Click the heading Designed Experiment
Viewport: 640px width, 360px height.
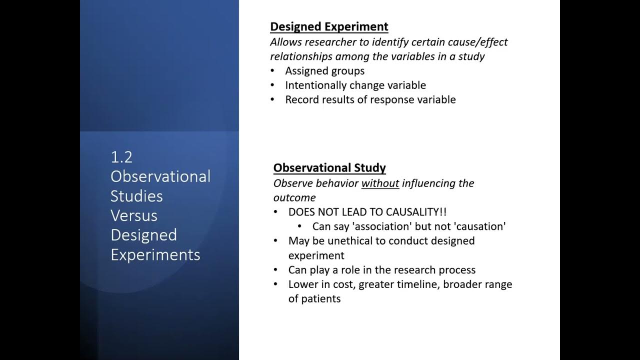point(329,27)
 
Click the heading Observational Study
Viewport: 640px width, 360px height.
point(329,168)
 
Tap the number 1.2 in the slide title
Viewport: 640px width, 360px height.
point(121,157)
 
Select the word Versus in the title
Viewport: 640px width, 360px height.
point(134,215)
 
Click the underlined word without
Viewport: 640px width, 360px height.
point(380,183)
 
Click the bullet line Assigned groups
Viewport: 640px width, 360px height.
point(324,71)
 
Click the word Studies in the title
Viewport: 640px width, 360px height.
point(136,196)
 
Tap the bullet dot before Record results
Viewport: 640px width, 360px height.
point(272,100)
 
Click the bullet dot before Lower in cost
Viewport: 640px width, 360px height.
point(275,284)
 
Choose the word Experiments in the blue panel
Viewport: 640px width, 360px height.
point(155,254)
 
